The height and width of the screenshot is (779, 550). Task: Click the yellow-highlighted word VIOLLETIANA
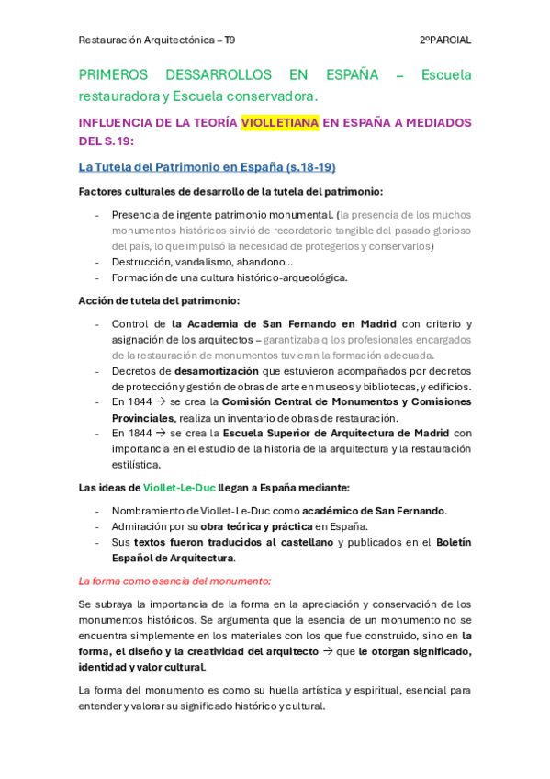click(280, 122)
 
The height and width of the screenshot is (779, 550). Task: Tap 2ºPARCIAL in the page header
click(444, 40)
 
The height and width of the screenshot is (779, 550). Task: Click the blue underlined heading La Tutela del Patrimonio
click(207, 166)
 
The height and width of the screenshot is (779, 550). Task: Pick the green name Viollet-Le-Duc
click(179, 487)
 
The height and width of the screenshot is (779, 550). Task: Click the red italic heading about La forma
click(174, 581)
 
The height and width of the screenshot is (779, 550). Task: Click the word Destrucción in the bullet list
click(140, 262)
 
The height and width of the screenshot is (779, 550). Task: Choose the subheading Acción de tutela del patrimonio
click(159, 300)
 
